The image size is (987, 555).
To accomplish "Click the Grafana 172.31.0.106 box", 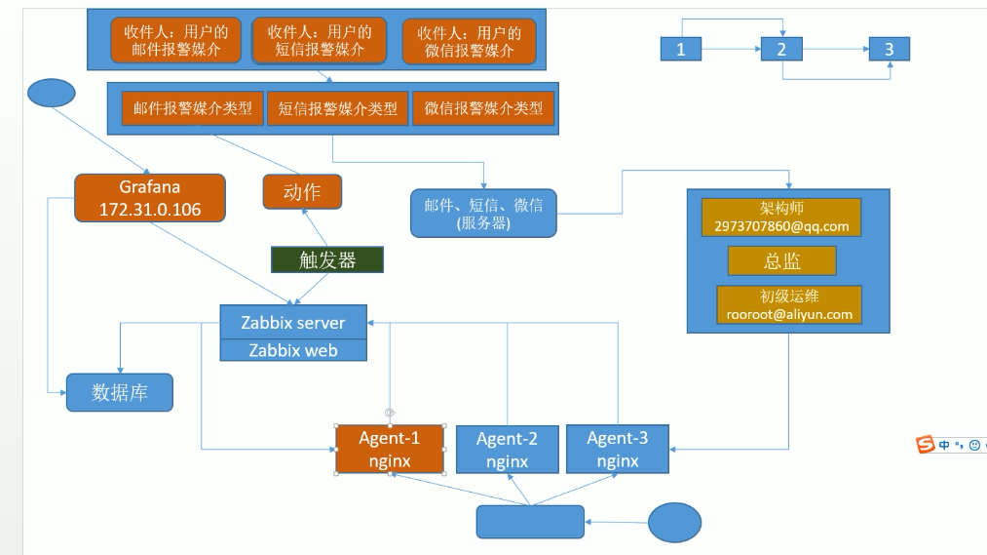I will (149, 197).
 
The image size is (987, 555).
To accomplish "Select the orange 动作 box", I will (303, 192).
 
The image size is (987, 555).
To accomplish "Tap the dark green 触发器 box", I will (327, 259).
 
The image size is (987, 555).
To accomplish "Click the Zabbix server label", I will (293, 322).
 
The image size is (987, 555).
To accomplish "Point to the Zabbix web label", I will (293, 350).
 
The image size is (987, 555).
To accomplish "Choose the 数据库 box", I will (120, 392).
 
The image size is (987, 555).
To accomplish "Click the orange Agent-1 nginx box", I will (390, 450).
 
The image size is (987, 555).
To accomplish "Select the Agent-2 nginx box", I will (507, 450).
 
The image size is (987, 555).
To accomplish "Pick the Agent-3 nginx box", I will (617, 450).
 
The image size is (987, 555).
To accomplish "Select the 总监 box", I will (781, 260).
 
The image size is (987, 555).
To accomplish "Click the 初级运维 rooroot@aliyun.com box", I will (789, 304).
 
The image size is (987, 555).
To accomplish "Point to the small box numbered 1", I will (681, 49).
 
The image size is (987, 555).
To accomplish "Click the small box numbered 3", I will (889, 49).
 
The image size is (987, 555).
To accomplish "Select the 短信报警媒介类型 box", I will (337, 108).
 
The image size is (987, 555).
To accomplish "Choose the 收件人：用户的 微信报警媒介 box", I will (469, 42).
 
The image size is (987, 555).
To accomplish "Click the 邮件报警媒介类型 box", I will (192, 108).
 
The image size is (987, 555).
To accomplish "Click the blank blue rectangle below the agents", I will (529, 522).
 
